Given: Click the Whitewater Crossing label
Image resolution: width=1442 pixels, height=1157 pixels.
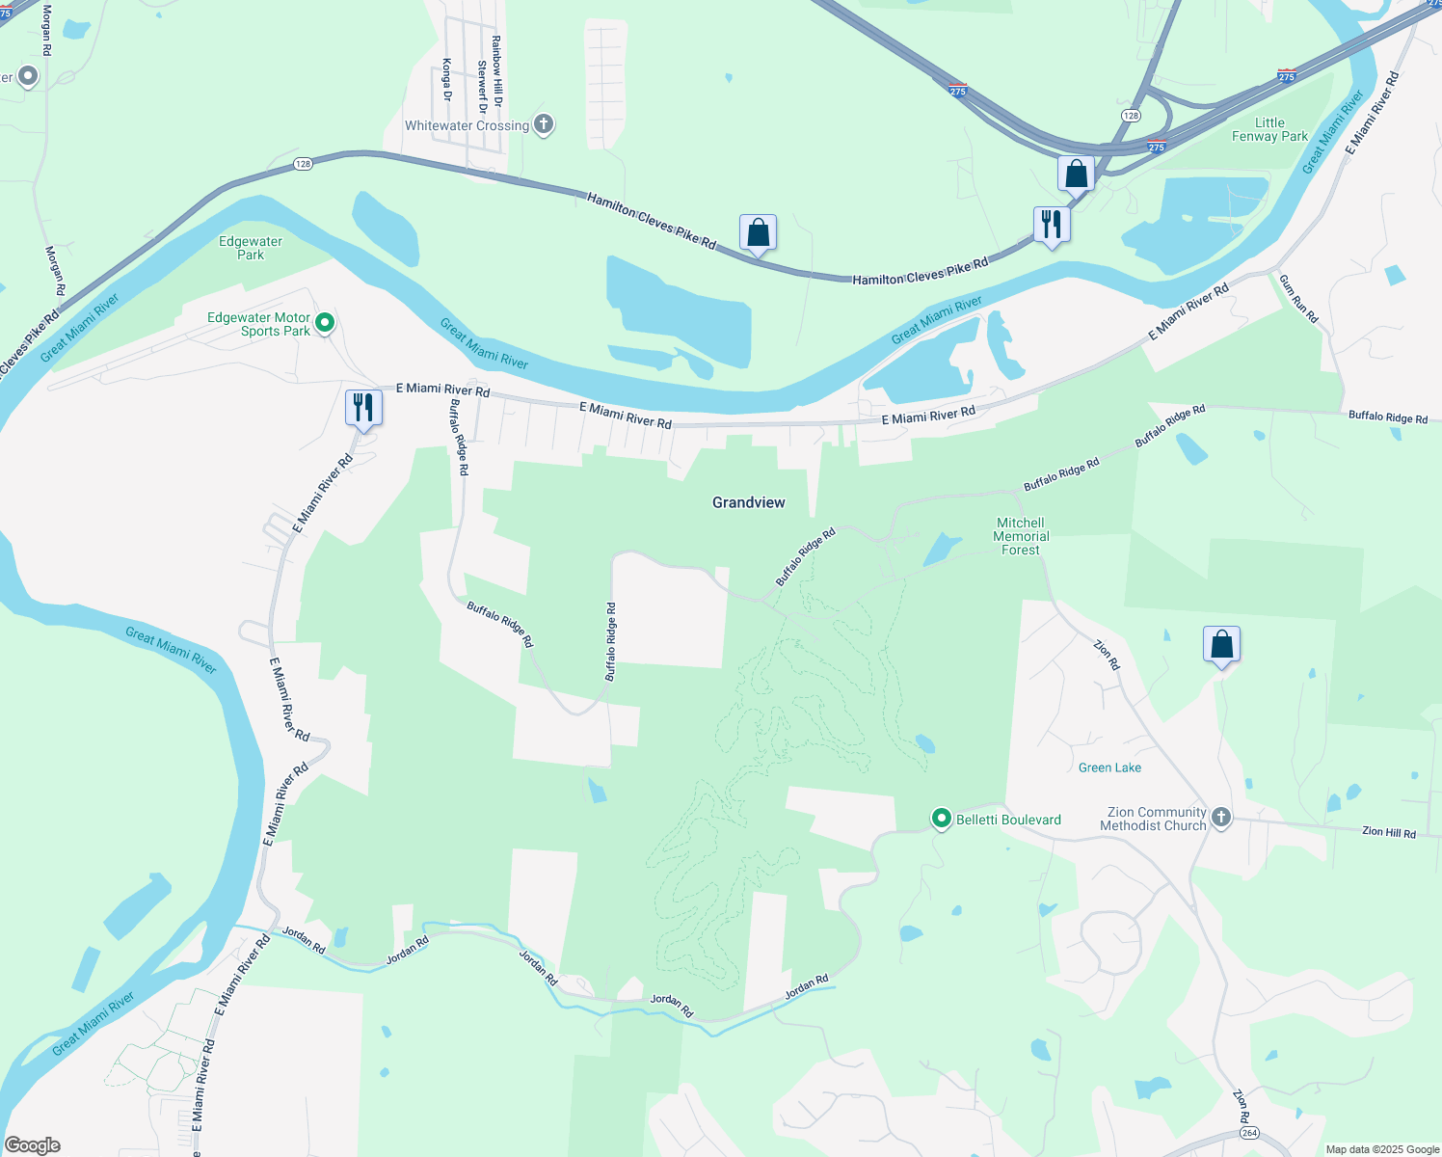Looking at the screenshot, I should (467, 125).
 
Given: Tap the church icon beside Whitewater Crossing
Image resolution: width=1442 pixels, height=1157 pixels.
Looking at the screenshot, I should (544, 124).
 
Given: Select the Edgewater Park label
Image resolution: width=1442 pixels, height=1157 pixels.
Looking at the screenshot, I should (251, 248).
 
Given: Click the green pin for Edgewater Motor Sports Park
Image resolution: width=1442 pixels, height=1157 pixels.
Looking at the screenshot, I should (325, 323).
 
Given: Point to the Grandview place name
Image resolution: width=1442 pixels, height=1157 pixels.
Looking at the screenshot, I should (749, 502).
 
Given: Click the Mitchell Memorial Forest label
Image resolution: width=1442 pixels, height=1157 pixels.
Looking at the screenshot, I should (1021, 536).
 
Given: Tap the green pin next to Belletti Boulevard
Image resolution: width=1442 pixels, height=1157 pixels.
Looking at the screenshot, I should (942, 819).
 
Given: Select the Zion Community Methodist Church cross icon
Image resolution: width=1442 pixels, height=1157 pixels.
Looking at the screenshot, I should (1221, 819).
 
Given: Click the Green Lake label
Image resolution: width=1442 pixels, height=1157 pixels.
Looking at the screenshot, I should (1109, 767).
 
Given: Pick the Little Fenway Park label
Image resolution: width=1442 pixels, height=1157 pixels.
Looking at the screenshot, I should (1269, 129).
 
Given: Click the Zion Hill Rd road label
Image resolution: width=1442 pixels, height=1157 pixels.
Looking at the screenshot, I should (1389, 832).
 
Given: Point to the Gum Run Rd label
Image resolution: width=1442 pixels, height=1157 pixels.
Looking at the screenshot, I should (1298, 298).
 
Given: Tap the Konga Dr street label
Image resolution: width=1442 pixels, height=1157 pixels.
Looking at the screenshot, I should (447, 79).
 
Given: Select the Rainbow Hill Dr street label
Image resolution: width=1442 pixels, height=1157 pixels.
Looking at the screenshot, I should (497, 71).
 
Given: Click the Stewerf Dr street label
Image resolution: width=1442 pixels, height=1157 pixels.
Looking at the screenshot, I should (482, 87).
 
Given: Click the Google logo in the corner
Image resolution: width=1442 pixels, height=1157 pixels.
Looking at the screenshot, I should (33, 1145).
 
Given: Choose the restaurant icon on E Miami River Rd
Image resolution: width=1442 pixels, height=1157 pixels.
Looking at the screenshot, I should (363, 407).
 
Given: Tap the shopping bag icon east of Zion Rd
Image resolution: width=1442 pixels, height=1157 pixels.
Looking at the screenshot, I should (1221, 644).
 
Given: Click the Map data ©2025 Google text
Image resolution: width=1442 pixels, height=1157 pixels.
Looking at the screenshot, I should (1382, 1149).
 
